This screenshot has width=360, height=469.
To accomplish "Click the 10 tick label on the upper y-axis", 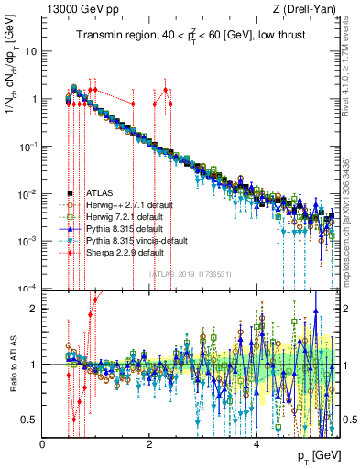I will coord(31,51).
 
